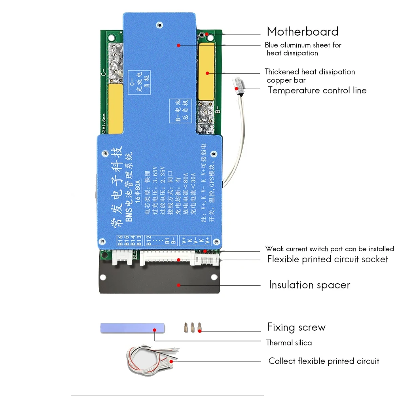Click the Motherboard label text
pyautogui.click(x=303, y=31)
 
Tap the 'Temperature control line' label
pyautogui.click(x=317, y=90)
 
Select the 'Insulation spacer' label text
pyautogui.click(x=309, y=285)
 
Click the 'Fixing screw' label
pyautogui.click(x=296, y=327)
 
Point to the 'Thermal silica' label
pyautogui.click(x=289, y=343)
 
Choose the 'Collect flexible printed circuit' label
pyautogui.click(x=324, y=361)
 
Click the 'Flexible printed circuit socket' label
pyautogui.click(x=328, y=260)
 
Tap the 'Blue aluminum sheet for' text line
pyautogui.click(x=303, y=45)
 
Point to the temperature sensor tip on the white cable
pyautogui.click(x=238, y=83)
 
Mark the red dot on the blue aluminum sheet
pyautogui.click(x=179, y=45)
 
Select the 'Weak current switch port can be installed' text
pyautogui.click(x=330, y=249)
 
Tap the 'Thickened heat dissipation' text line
pyautogui.click(x=310, y=72)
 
